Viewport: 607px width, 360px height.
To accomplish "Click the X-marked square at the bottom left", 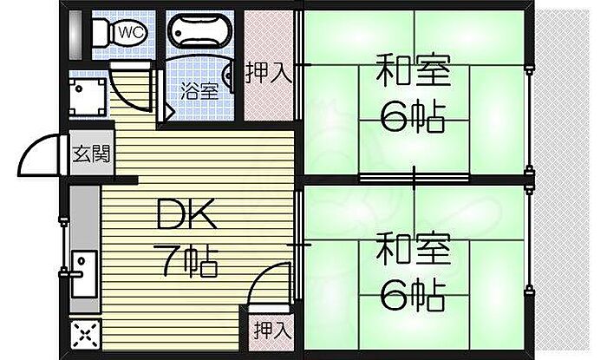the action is tap(84, 334).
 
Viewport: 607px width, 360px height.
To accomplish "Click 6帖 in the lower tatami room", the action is tap(414, 295).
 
